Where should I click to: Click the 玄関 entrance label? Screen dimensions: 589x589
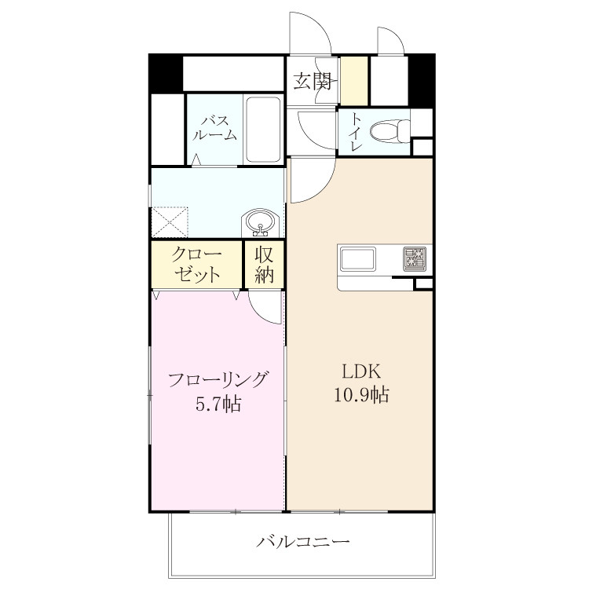coord(313,81)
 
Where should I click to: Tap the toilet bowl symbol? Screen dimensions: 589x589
coord(390,131)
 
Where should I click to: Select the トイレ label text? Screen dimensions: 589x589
coord(355,131)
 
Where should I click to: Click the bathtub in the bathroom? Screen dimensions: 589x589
coord(263,130)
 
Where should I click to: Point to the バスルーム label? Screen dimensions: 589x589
coord(214,129)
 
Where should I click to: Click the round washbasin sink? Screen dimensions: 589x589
coord(260,222)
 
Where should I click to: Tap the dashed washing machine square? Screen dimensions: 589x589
coord(169,222)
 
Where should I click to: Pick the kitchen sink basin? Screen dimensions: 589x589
coord(357,259)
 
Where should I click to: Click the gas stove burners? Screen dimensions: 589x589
coord(415,258)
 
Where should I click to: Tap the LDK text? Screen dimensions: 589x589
coord(361,371)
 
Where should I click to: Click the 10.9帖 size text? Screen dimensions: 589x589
coord(361,395)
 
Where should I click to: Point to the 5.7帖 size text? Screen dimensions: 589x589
coord(218,404)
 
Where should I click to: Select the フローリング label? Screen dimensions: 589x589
coord(218,380)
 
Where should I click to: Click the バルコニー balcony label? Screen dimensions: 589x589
coord(303,541)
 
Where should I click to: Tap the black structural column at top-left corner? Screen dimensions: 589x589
coord(165,73)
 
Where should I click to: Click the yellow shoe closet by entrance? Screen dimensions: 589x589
coord(354,81)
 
